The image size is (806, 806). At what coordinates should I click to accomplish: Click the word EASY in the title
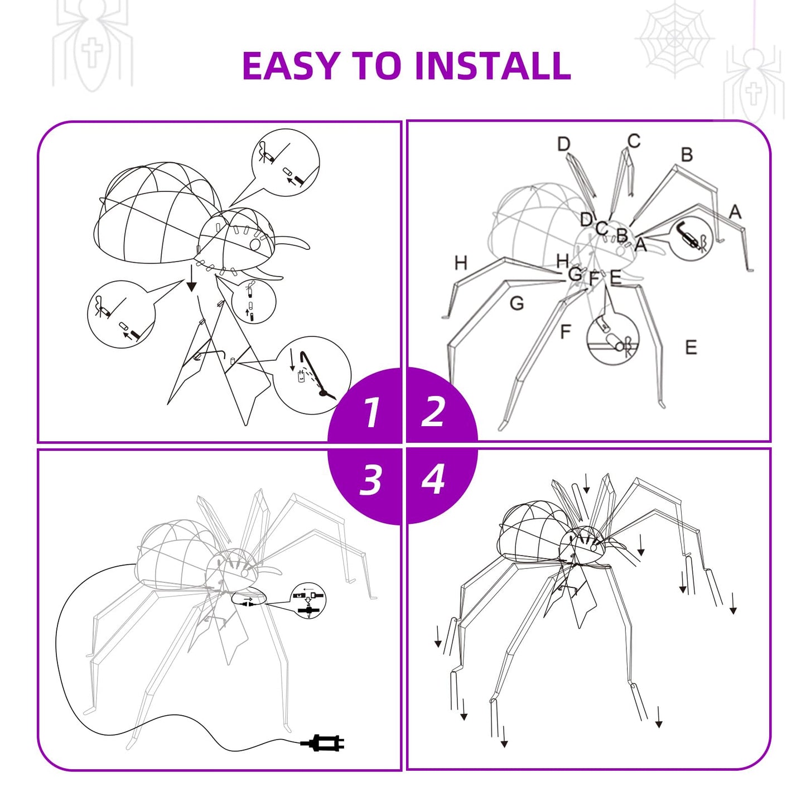click(x=291, y=66)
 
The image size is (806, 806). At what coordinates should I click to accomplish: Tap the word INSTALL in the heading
click(x=493, y=66)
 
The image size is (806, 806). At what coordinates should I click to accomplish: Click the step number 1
click(x=370, y=412)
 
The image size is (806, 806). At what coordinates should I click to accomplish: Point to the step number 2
click(x=433, y=412)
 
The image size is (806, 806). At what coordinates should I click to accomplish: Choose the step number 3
click(x=370, y=479)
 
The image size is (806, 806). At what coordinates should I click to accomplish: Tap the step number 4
click(x=433, y=479)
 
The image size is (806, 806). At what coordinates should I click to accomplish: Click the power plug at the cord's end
click(x=324, y=743)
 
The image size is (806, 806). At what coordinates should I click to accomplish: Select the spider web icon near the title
click(x=675, y=38)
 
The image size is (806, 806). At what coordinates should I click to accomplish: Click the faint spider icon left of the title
click(x=92, y=45)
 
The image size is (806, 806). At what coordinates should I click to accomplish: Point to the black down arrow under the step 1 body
click(x=191, y=279)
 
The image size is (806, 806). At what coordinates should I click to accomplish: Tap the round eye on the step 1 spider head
click(x=255, y=244)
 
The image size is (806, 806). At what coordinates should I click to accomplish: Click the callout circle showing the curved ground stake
click(x=312, y=375)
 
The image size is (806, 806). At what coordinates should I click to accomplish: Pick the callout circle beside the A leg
click(x=691, y=238)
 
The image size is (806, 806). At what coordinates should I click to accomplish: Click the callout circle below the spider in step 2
click(x=612, y=339)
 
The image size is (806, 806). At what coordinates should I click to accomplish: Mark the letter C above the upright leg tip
click(x=634, y=141)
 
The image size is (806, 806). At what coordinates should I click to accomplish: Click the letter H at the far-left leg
click(x=461, y=263)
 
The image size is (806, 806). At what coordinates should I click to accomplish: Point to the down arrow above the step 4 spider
click(x=586, y=483)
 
